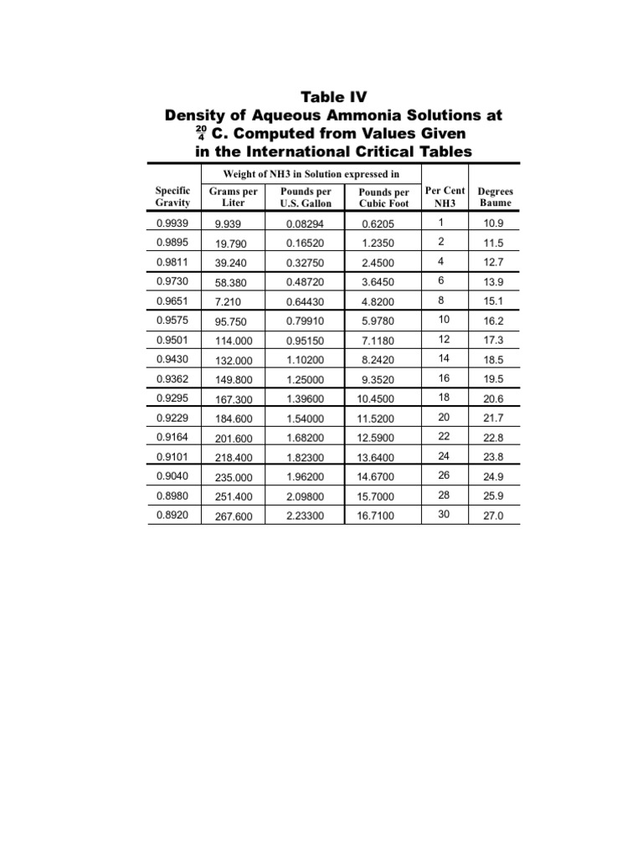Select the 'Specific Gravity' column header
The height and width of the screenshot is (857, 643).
pos(172,197)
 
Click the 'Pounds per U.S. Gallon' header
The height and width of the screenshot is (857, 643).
pos(306,197)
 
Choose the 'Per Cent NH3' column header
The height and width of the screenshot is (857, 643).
pos(445,197)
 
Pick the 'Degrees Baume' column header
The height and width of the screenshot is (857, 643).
pos(495,197)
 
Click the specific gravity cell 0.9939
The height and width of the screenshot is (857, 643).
pos(173,223)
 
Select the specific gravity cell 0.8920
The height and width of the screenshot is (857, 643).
pos(173,516)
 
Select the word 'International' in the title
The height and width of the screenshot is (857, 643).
pos(285,151)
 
